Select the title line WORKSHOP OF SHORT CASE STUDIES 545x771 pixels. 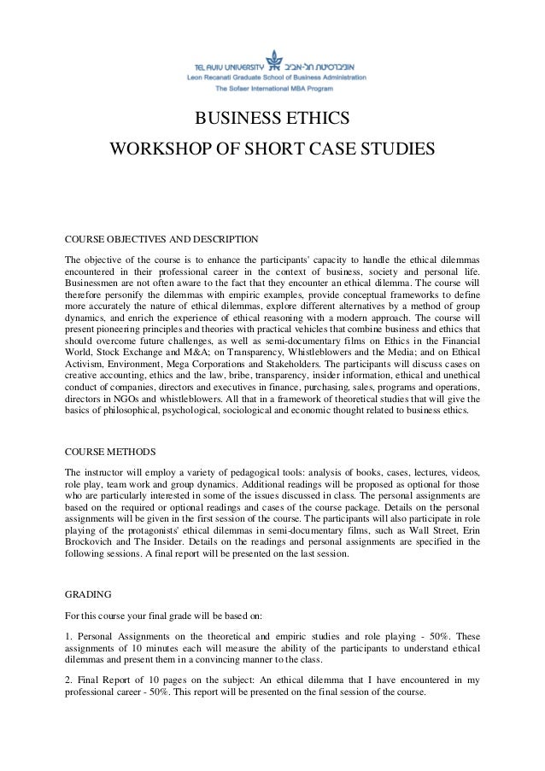(272, 151)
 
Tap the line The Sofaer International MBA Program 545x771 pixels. (273, 88)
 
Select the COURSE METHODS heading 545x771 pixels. (111, 451)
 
